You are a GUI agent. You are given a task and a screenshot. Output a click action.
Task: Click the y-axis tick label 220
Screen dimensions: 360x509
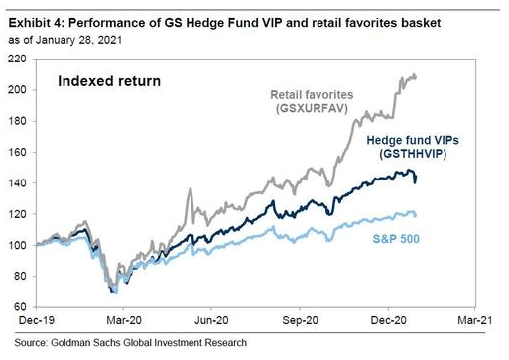click(x=17, y=60)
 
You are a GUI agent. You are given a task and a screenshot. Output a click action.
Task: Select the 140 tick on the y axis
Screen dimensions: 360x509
click(x=17, y=182)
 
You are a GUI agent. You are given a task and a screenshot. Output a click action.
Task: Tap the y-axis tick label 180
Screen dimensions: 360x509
click(x=17, y=122)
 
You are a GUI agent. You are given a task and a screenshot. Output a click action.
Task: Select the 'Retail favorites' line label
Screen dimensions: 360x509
click(x=312, y=95)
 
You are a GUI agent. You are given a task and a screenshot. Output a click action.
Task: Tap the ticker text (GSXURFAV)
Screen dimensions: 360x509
click(x=312, y=109)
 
